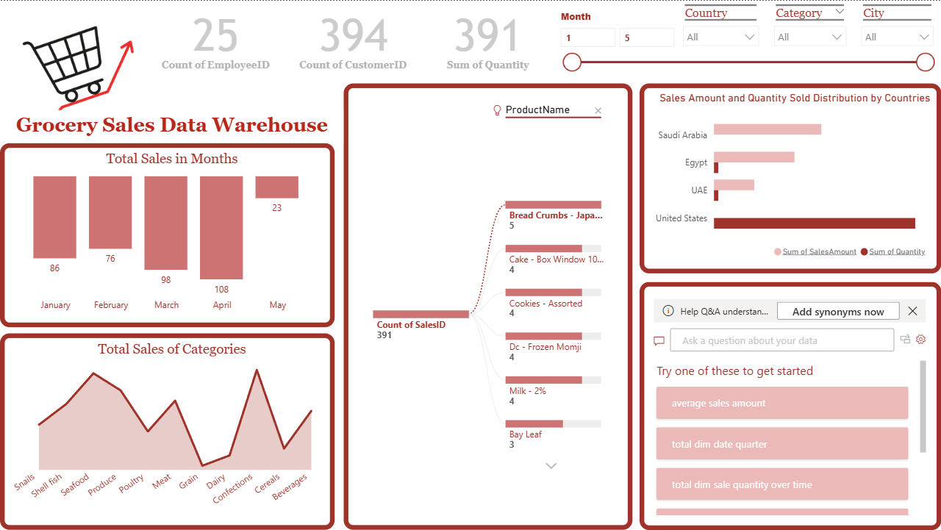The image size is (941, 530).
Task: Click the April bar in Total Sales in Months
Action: pyautogui.click(x=221, y=228)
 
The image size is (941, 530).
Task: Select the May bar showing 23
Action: pyautogui.click(x=276, y=187)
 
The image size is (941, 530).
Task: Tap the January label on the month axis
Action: pyautogui.click(x=55, y=305)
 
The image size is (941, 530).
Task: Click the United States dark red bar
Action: pyautogui.click(x=814, y=223)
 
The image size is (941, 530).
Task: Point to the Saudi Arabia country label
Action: pyautogui.click(x=682, y=135)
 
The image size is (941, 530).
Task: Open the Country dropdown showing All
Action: pyautogui.click(x=720, y=37)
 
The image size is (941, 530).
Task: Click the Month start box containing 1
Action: pyautogui.click(x=587, y=38)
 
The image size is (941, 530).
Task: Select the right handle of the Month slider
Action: pyautogui.click(x=926, y=62)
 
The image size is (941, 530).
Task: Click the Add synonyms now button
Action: pyautogui.click(x=838, y=312)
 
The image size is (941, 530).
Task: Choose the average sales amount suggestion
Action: pyautogui.click(x=782, y=404)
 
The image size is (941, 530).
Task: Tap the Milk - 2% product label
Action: pyautogui.click(x=528, y=391)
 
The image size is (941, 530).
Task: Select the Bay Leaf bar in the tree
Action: pyautogui.click(x=534, y=423)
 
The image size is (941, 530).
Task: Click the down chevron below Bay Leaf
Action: pyautogui.click(x=551, y=465)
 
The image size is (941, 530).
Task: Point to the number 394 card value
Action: pyautogui.click(x=353, y=36)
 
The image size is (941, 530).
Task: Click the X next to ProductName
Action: pyautogui.click(x=598, y=111)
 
